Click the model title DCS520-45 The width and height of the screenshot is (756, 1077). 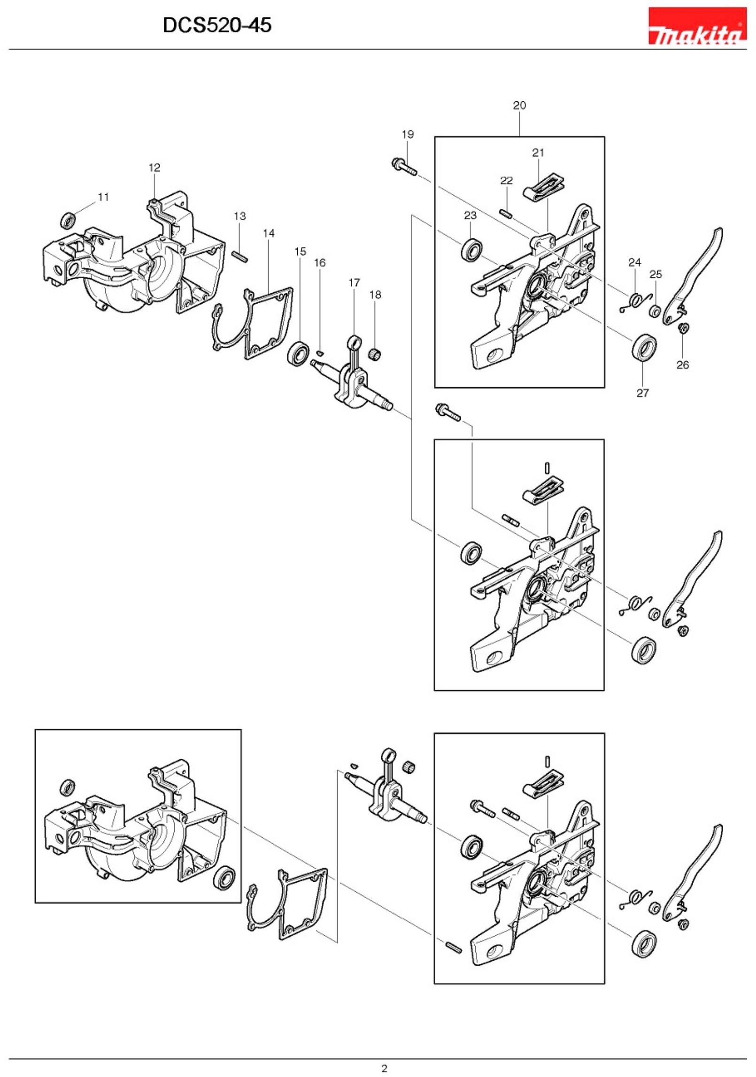216,25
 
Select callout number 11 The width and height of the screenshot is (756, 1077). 103,197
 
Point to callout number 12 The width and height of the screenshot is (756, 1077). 154,168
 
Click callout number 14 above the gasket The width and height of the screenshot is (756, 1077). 269,233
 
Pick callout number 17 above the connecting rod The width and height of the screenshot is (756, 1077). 354,283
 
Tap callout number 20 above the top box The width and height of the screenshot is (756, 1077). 519,106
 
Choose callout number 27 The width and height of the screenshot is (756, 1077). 642,393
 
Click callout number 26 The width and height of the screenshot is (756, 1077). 682,365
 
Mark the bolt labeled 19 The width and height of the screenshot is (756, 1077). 404,167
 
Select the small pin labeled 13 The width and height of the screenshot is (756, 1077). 240,256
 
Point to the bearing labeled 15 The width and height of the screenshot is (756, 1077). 298,354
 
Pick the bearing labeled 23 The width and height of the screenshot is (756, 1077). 471,250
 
